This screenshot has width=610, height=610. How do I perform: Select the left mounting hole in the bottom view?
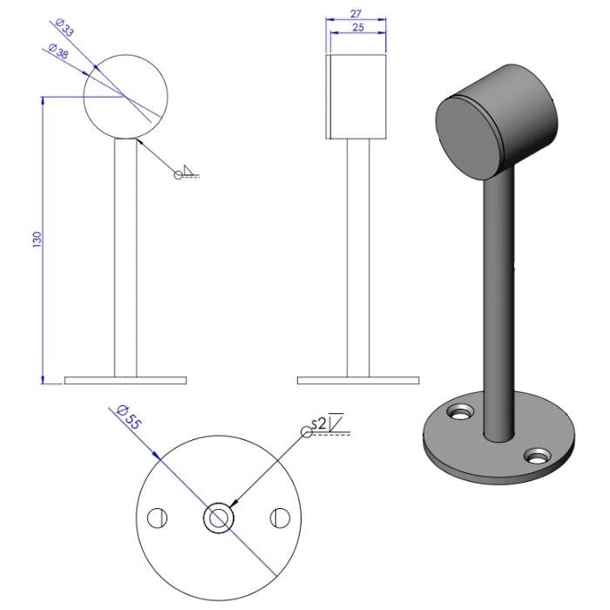pos(156,518)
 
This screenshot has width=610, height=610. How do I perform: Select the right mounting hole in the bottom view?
pos(281,518)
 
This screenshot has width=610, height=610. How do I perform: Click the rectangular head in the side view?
pos(356,96)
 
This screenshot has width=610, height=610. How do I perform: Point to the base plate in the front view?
pos(125,381)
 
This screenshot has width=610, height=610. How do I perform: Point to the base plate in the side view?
pos(357,381)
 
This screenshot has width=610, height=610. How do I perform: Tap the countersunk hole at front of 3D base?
pos(539,454)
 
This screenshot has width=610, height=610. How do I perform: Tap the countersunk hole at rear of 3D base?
pos(458,409)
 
